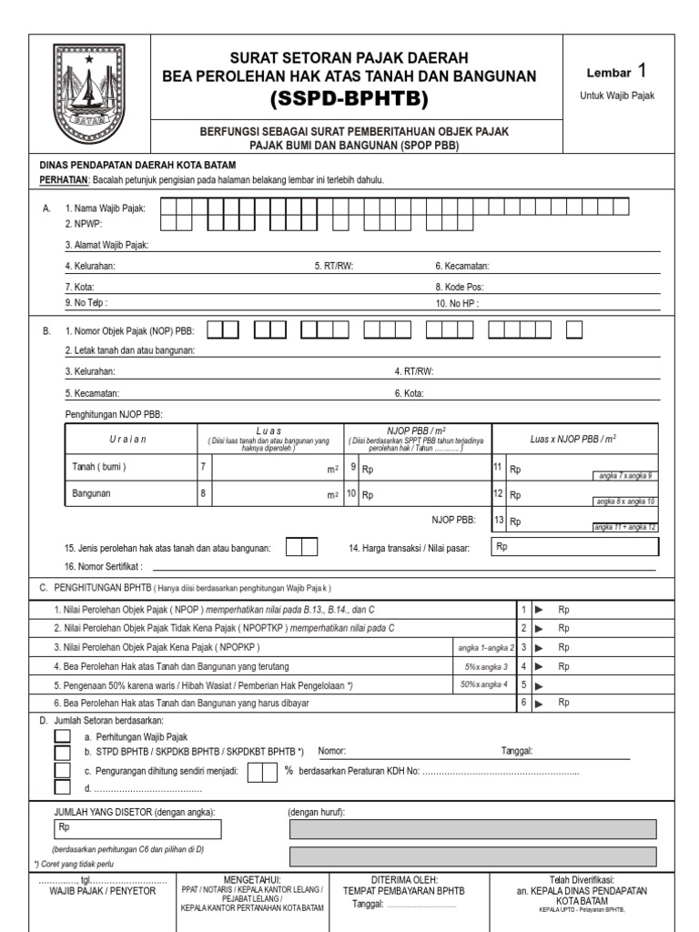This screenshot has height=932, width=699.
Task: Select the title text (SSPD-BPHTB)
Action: [x=349, y=98]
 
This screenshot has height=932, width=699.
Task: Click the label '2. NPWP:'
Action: [x=83, y=223]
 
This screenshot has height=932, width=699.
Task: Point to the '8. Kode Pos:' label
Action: [x=460, y=286]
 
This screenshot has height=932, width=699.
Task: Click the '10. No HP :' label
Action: [x=457, y=302]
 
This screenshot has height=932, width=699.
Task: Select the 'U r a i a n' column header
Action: [x=127, y=439]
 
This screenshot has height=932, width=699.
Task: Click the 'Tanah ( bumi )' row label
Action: [x=99, y=467]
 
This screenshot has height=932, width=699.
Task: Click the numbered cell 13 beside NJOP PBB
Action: [x=498, y=521]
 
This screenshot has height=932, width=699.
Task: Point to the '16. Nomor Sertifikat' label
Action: [x=104, y=566]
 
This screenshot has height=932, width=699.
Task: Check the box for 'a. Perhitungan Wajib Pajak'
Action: [x=62, y=736]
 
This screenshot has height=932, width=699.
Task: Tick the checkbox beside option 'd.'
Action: [x=62, y=787]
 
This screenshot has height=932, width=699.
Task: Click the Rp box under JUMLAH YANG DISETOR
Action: [x=137, y=828]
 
